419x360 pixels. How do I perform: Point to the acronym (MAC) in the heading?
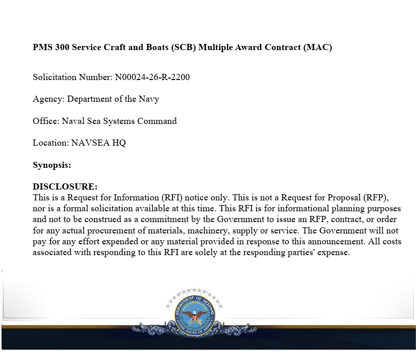click(x=318, y=48)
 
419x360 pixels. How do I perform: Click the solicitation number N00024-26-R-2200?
click(x=152, y=77)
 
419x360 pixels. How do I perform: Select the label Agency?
click(x=49, y=99)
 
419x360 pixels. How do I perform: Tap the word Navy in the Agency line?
click(x=149, y=99)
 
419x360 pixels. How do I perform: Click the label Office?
click(x=46, y=121)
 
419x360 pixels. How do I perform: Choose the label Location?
click(x=51, y=143)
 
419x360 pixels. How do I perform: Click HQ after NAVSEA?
click(x=119, y=143)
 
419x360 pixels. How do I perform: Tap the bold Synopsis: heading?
click(x=52, y=165)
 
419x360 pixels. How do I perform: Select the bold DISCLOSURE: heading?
click(x=65, y=186)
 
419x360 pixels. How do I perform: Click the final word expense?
click(x=334, y=253)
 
